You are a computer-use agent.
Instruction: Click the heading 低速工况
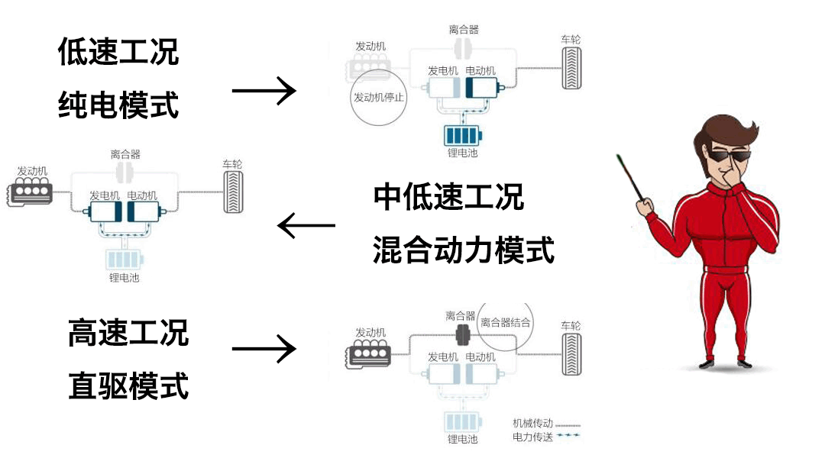coord(118,53)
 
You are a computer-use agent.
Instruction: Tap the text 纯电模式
coord(118,105)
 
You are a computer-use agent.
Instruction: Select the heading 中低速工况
coord(449,197)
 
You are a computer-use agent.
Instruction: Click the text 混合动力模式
coord(464,250)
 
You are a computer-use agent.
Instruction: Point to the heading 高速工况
coord(128,333)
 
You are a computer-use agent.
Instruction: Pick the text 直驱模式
coord(128,386)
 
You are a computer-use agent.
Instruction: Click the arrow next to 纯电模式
coord(264,91)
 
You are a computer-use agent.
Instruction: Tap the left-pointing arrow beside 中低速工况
coord(306,226)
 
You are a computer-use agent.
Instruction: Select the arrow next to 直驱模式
coord(264,350)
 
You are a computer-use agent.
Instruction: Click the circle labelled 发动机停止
coord(379,98)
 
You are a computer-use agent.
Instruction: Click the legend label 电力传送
coord(532,437)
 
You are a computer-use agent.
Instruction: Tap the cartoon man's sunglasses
coord(730,158)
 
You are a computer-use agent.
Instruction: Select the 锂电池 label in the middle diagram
coord(125,278)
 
